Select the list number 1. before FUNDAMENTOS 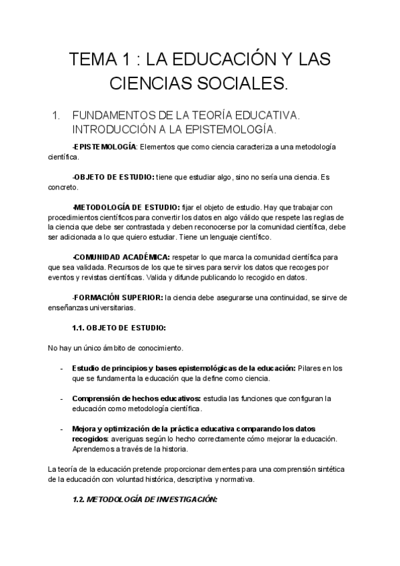tap(55, 115)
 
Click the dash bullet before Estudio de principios tap(61, 368)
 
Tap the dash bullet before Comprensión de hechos tap(61, 398)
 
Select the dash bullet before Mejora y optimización tap(61, 428)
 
